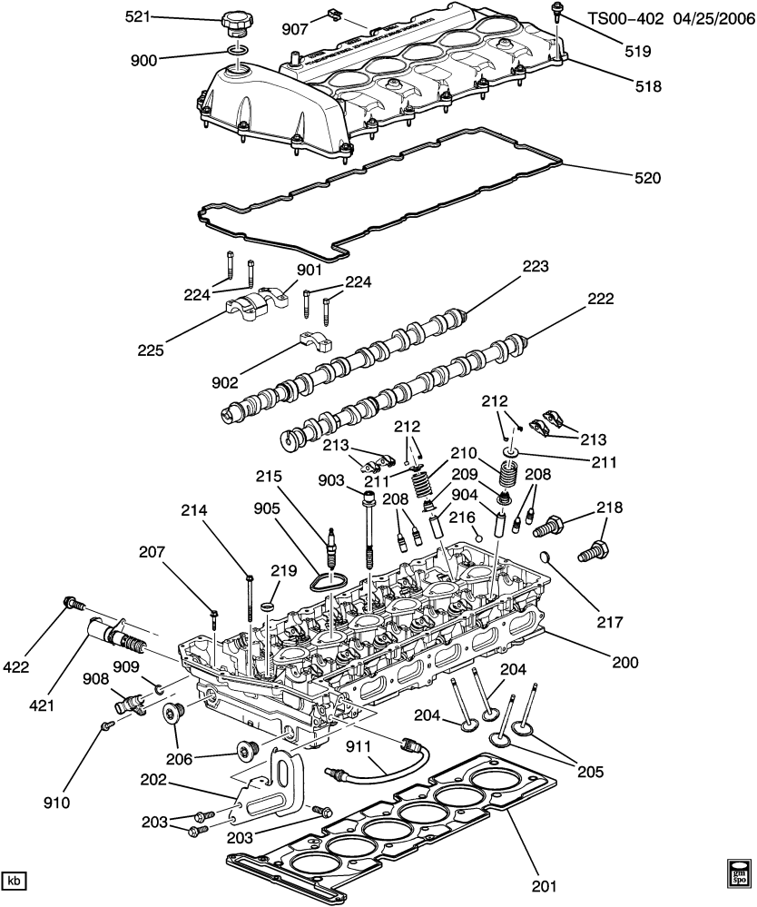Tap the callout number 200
[x=625, y=664]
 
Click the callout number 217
[x=611, y=623]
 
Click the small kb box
[x=14, y=881]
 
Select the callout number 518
[x=649, y=88]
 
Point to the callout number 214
[x=206, y=511]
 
